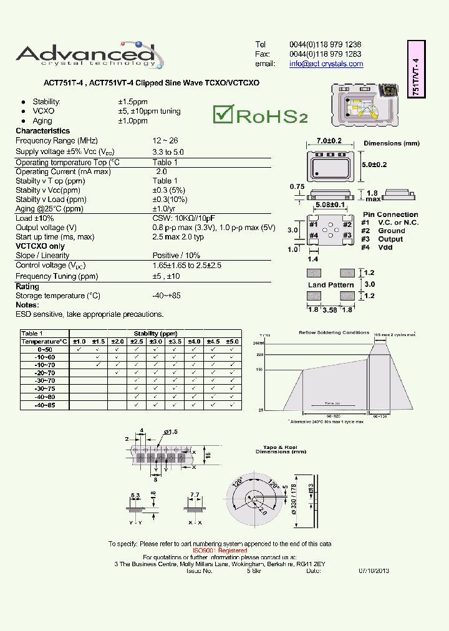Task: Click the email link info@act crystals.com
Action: click(326, 64)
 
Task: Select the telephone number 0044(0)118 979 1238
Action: click(325, 45)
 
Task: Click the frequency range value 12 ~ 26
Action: click(165, 141)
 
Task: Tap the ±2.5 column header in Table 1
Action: click(137, 342)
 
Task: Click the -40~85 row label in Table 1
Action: click(45, 405)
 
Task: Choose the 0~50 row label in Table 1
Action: click(45, 350)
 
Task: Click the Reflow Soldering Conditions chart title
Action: click(334, 332)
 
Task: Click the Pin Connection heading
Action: click(390, 214)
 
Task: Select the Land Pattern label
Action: click(331, 285)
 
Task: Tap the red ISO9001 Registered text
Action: click(220, 551)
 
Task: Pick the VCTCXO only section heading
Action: click(40, 246)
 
